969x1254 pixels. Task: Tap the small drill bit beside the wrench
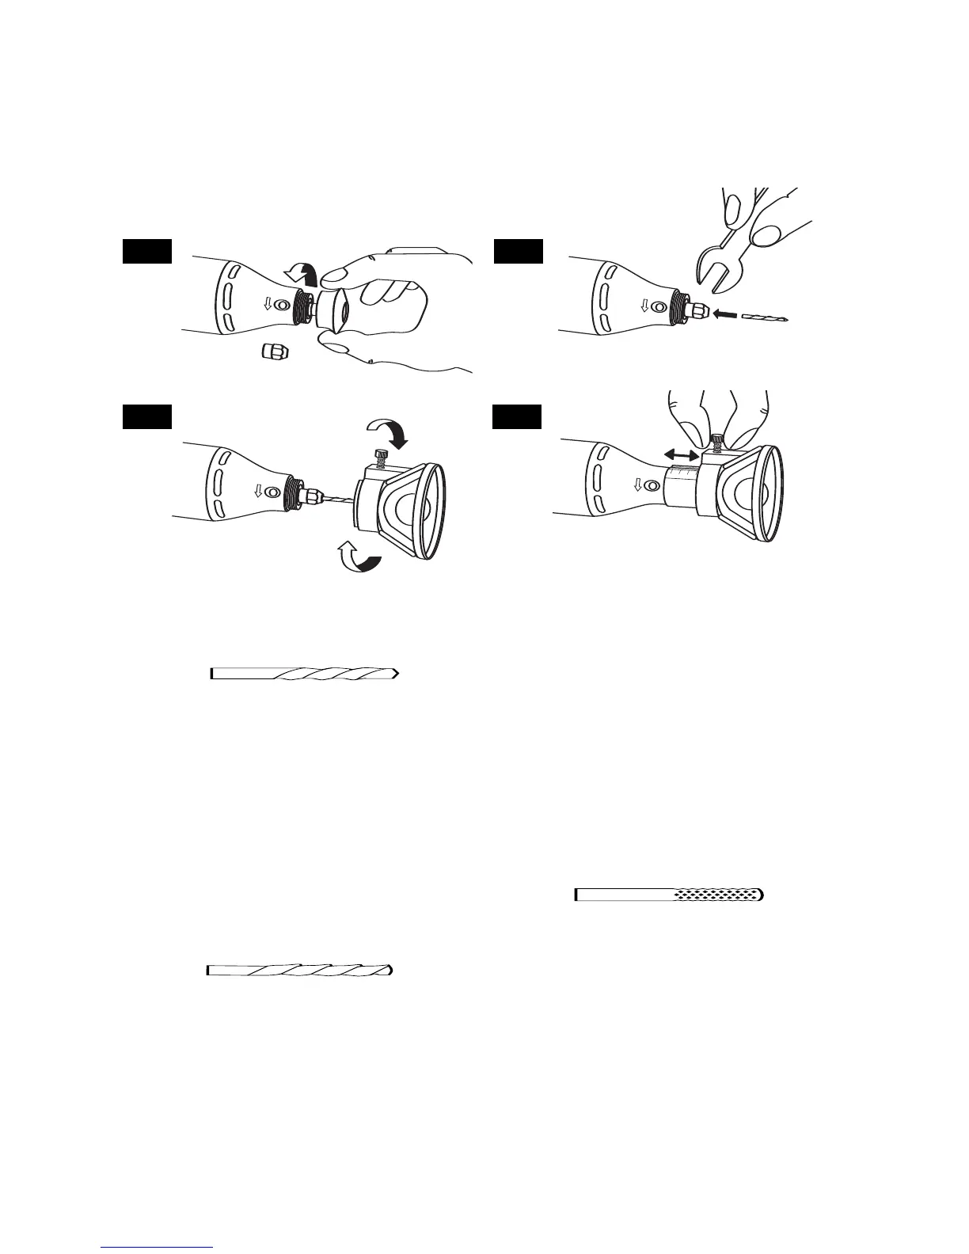[766, 317]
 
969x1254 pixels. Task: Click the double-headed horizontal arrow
[681, 455]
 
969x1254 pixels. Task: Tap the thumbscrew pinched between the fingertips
[718, 439]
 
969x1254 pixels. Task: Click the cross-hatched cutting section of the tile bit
[717, 895]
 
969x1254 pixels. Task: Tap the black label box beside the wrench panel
[519, 252]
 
